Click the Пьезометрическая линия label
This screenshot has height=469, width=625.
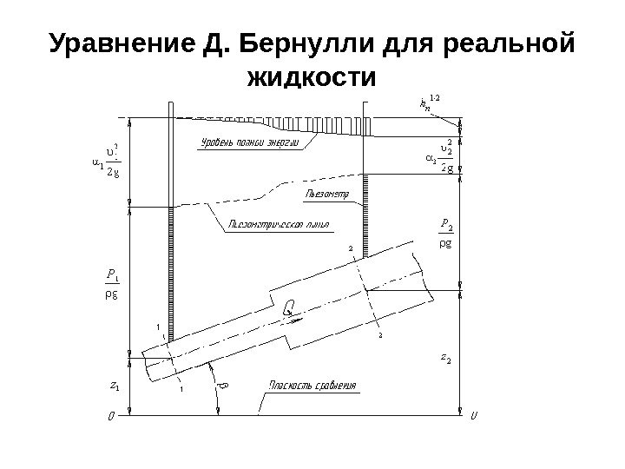(279, 224)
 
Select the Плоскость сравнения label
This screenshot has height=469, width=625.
(314, 385)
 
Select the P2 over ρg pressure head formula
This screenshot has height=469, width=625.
(445, 234)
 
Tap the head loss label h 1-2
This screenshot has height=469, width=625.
(429, 106)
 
